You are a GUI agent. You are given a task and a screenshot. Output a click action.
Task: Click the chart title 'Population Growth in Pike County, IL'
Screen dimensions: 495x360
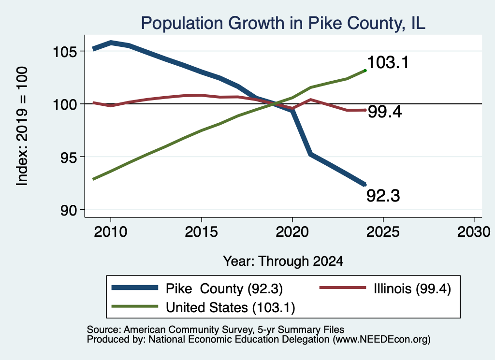[283, 23]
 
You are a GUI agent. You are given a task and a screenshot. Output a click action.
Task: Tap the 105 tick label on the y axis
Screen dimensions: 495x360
[65, 52]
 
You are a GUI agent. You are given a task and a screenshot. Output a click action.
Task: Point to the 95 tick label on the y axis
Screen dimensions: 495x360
[69, 157]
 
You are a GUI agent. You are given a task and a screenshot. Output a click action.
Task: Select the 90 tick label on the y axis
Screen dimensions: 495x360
[69, 210]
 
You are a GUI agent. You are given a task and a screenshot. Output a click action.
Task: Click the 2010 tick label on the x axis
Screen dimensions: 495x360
[111, 232]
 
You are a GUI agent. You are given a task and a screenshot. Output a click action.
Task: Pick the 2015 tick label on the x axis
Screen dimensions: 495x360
[202, 232]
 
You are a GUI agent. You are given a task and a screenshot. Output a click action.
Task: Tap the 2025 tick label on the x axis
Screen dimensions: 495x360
[383, 232]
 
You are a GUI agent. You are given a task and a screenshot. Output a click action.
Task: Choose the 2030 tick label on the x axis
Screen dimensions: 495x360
[474, 232]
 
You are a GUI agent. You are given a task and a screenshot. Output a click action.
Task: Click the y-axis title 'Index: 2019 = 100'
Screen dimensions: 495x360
[22, 126]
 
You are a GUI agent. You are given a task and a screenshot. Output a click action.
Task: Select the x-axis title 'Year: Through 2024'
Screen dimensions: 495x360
[283, 261]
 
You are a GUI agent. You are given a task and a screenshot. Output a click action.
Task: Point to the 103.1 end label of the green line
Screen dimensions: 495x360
[388, 62]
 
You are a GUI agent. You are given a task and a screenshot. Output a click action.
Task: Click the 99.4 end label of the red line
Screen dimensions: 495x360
[385, 112]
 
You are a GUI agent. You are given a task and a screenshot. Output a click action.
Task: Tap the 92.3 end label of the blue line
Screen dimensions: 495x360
[383, 196]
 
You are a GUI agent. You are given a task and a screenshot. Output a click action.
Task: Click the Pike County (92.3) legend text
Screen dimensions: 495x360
[224, 288]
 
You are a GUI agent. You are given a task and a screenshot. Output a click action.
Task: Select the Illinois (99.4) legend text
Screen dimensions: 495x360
[412, 288]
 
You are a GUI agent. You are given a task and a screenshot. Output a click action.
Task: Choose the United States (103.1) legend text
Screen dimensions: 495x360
[231, 307]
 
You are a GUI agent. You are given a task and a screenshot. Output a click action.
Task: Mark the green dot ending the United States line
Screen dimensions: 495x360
[365, 71]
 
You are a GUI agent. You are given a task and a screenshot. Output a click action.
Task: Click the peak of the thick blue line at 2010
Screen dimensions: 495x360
[111, 43]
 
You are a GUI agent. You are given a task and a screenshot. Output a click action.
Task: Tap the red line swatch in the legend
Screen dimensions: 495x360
[343, 288]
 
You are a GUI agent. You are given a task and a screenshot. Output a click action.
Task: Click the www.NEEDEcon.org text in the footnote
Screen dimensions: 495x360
[381, 340]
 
